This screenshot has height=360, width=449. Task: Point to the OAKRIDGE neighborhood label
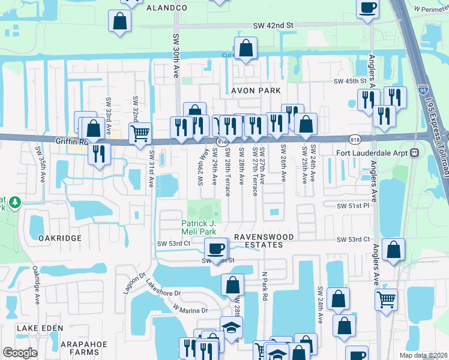click(x=59, y=238)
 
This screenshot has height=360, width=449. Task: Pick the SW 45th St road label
click(x=350, y=81)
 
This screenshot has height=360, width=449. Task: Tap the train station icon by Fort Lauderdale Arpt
click(x=414, y=152)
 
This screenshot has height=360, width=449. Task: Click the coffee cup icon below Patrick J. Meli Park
click(x=215, y=248)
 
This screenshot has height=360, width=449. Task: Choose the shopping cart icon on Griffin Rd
click(x=140, y=133)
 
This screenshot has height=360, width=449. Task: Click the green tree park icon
click(x=15, y=203)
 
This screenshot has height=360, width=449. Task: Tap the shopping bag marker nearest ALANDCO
click(x=120, y=20)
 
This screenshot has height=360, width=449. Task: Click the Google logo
click(x=20, y=352)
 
